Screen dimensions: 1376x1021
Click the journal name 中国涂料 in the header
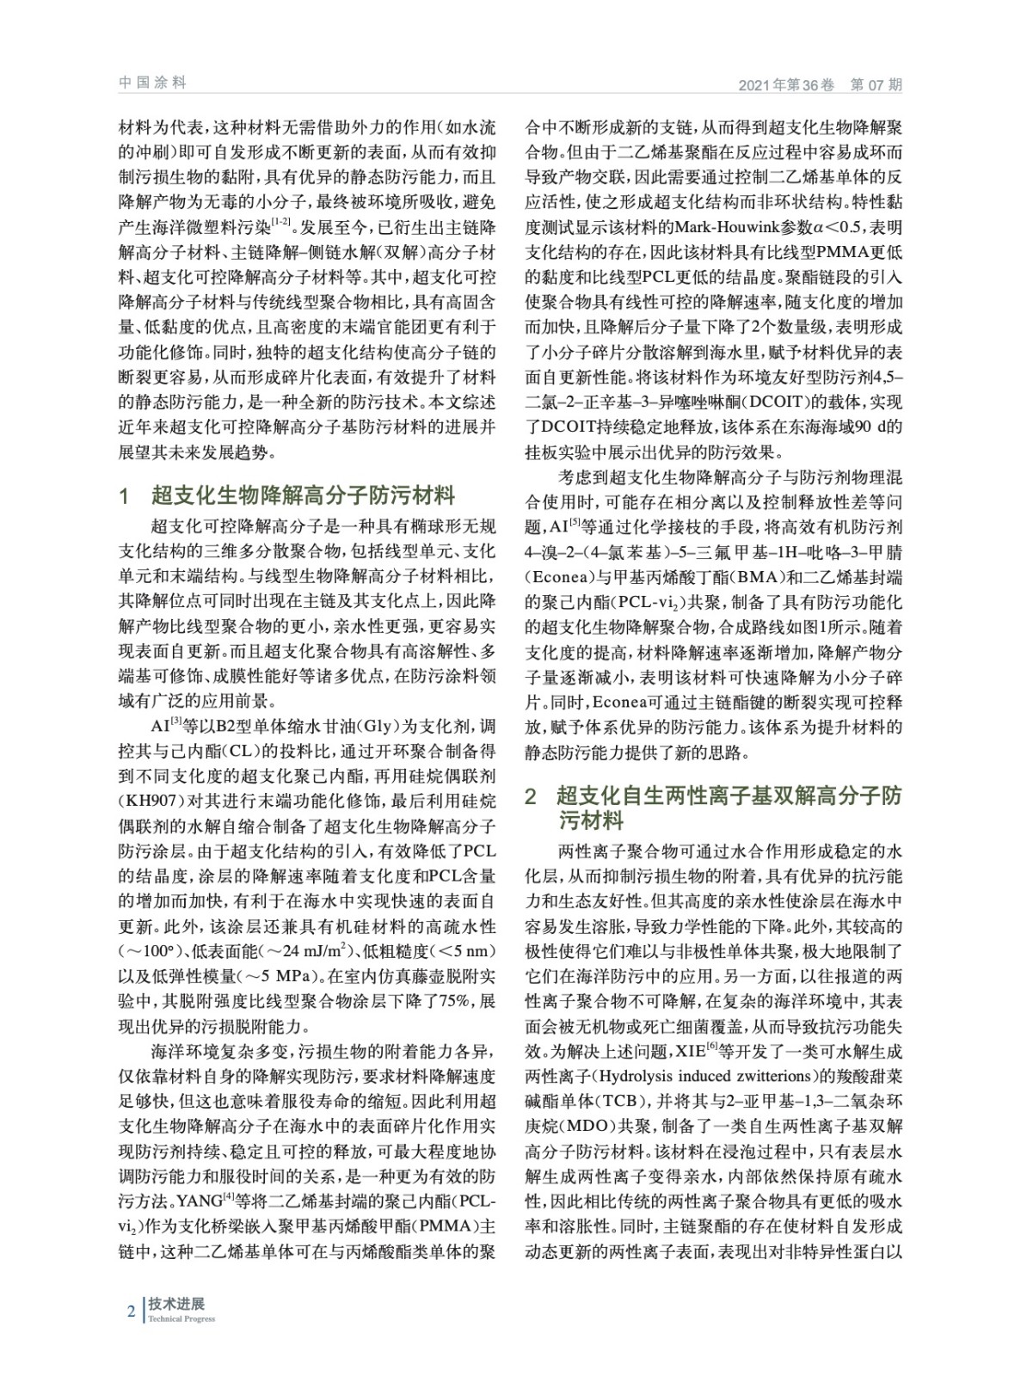click(152, 83)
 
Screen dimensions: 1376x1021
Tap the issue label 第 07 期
click(876, 85)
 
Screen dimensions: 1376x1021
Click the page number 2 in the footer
click(131, 1311)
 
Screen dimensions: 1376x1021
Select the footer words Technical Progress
click(181, 1319)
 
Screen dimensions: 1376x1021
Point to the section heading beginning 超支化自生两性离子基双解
click(729, 796)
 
